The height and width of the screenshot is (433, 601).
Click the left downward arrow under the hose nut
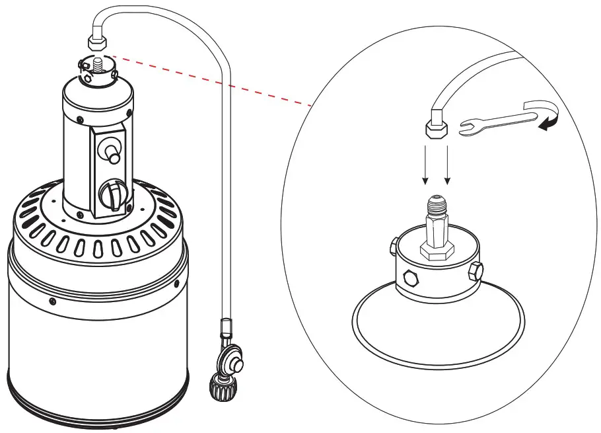tap(425, 165)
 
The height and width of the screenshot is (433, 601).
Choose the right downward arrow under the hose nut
tap(448, 165)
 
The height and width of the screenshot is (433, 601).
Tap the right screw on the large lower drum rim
tap(176, 283)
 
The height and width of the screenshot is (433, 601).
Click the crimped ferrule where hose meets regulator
tap(226, 327)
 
